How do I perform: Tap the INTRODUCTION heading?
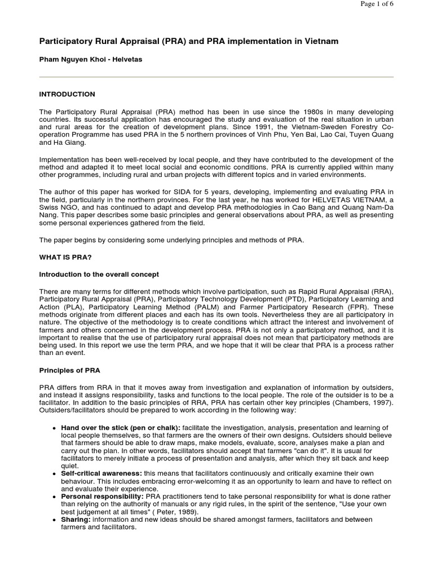click(x=67, y=94)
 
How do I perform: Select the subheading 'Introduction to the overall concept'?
click(x=99, y=274)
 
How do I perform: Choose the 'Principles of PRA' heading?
click(x=70, y=370)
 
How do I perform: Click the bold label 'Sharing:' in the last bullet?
click(x=75, y=520)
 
